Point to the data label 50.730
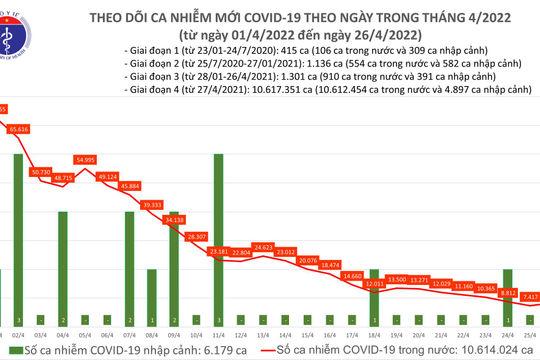coord(41,172)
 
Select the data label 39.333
coord(152,204)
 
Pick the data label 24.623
coord(263,246)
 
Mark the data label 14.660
coord(351,275)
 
